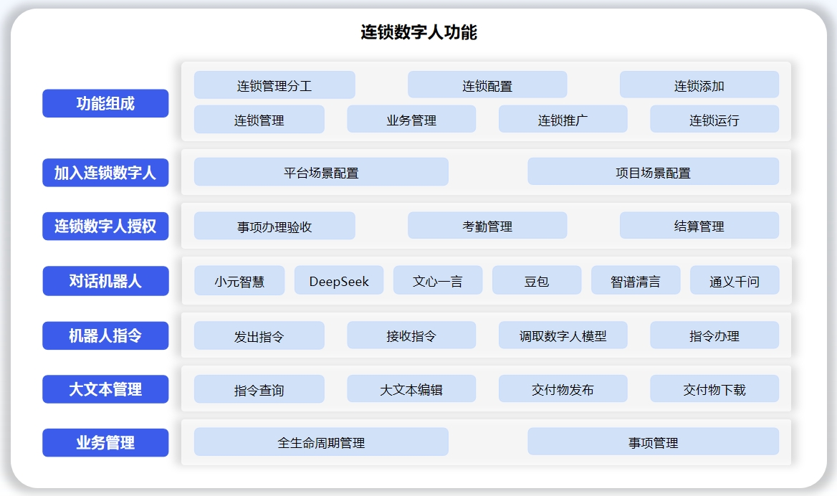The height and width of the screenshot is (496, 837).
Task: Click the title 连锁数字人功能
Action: tap(418, 32)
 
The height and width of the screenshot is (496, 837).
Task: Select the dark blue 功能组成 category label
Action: tap(105, 103)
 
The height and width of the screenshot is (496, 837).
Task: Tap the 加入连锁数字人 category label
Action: tap(105, 173)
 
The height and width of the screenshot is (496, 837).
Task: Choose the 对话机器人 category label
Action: tap(105, 281)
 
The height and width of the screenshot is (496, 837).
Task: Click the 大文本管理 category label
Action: tap(105, 389)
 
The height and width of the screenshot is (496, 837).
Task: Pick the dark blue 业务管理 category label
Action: tap(105, 443)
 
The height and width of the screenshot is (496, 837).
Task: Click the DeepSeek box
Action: tap(339, 280)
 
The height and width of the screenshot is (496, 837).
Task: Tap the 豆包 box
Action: tap(537, 280)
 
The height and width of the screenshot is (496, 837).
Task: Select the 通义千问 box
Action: tap(735, 280)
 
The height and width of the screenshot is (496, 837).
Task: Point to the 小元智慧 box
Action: tap(239, 280)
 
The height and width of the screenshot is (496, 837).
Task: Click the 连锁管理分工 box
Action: tap(274, 85)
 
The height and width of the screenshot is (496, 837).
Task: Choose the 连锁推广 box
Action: tap(563, 119)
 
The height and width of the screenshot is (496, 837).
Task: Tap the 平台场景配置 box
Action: tap(321, 172)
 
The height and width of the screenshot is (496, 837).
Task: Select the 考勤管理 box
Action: tap(487, 225)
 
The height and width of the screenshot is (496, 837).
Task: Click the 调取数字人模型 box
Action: tap(563, 335)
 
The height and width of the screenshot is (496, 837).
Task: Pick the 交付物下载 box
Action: tap(714, 388)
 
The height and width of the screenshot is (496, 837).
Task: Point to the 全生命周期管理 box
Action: tap(321, 442)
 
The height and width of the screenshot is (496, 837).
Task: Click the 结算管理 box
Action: tap(699, 225)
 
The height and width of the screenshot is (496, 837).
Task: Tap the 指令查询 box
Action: tap(259, 389)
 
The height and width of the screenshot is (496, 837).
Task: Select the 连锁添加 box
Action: tap(699, 85)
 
